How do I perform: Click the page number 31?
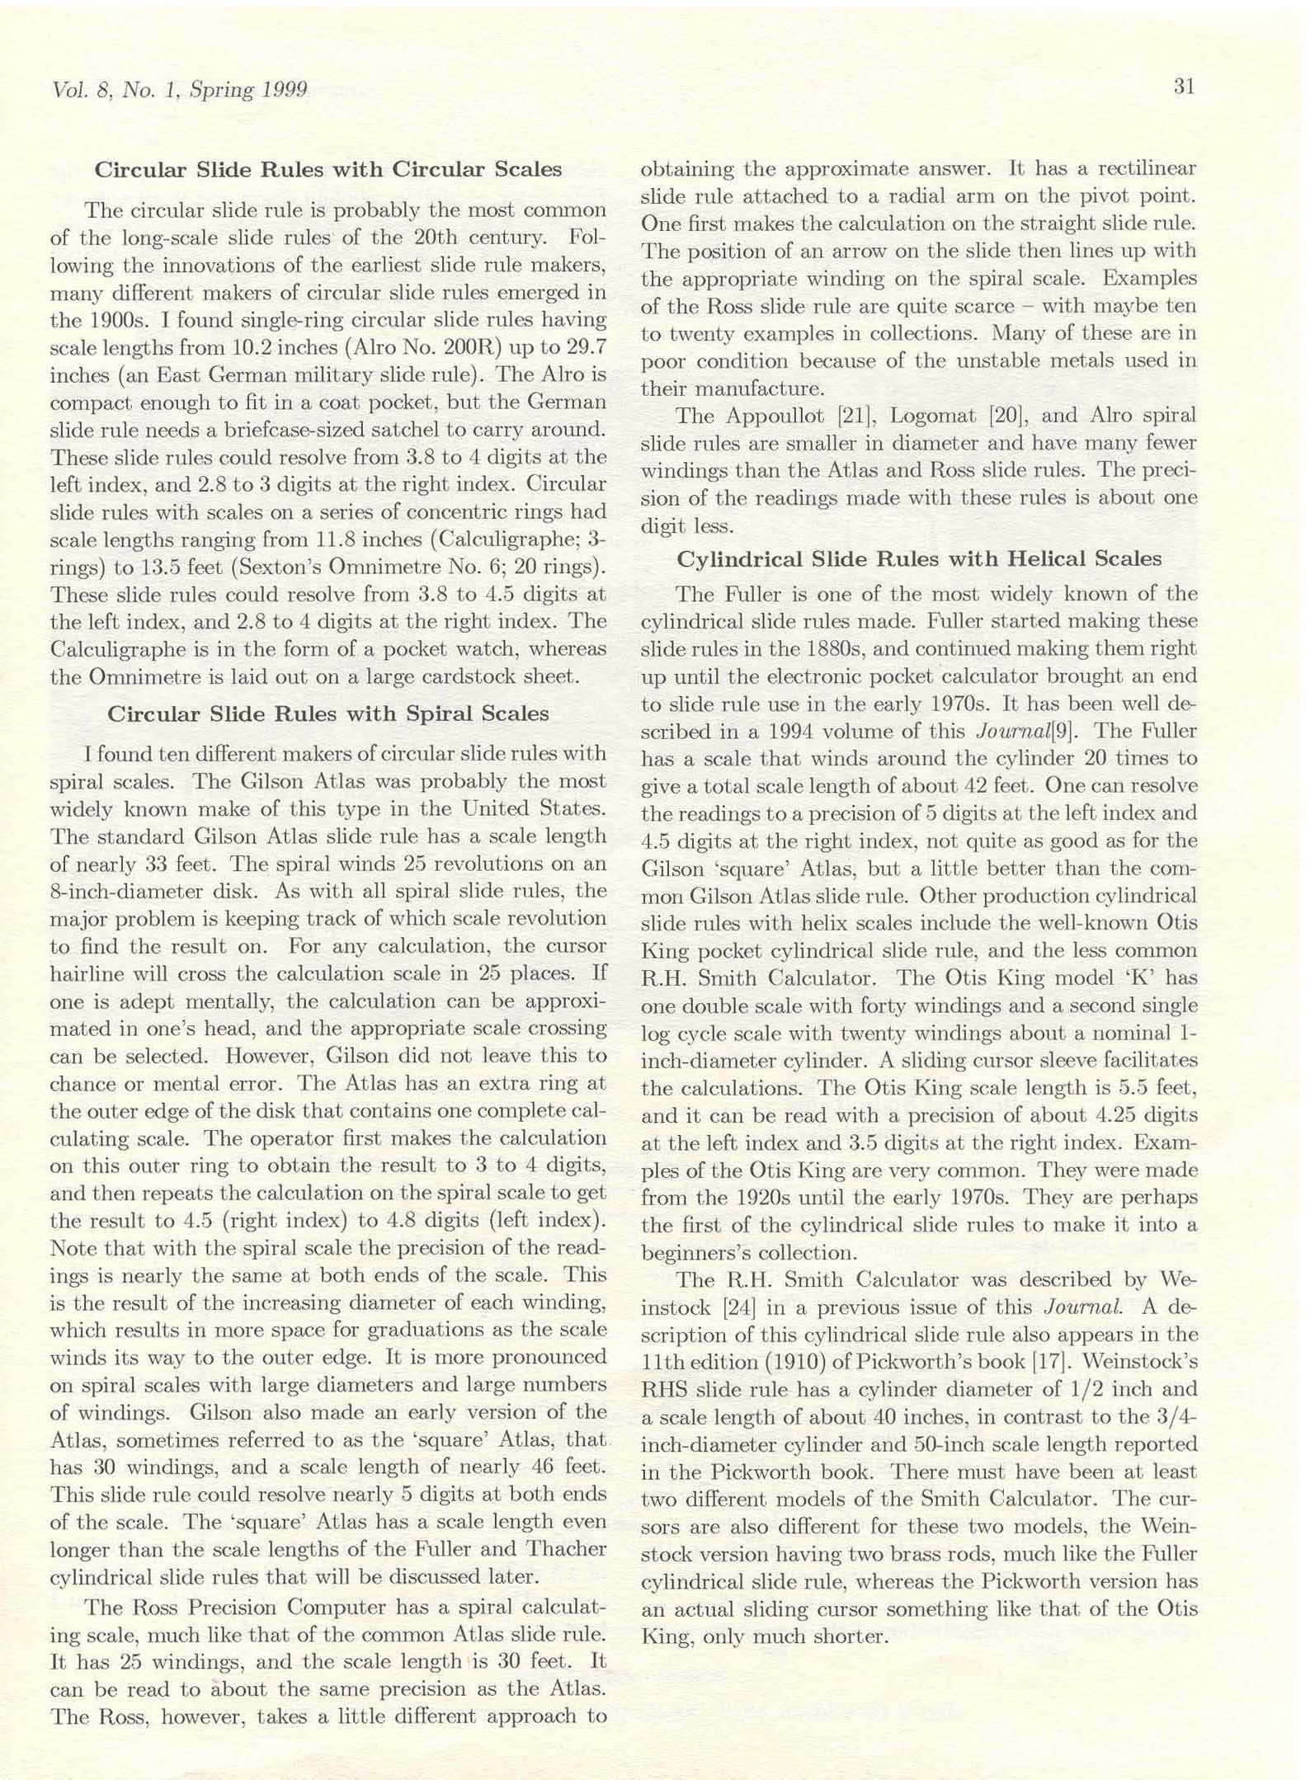coord(1184,87)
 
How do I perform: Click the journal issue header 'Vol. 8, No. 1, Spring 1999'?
coord(179,90)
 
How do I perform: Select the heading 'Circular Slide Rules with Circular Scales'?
coord(328,169)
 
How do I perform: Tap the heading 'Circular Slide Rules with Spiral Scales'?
coord(328,713)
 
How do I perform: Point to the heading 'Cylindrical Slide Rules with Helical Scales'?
coord(919,559)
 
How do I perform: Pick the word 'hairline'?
coord(87,974)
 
